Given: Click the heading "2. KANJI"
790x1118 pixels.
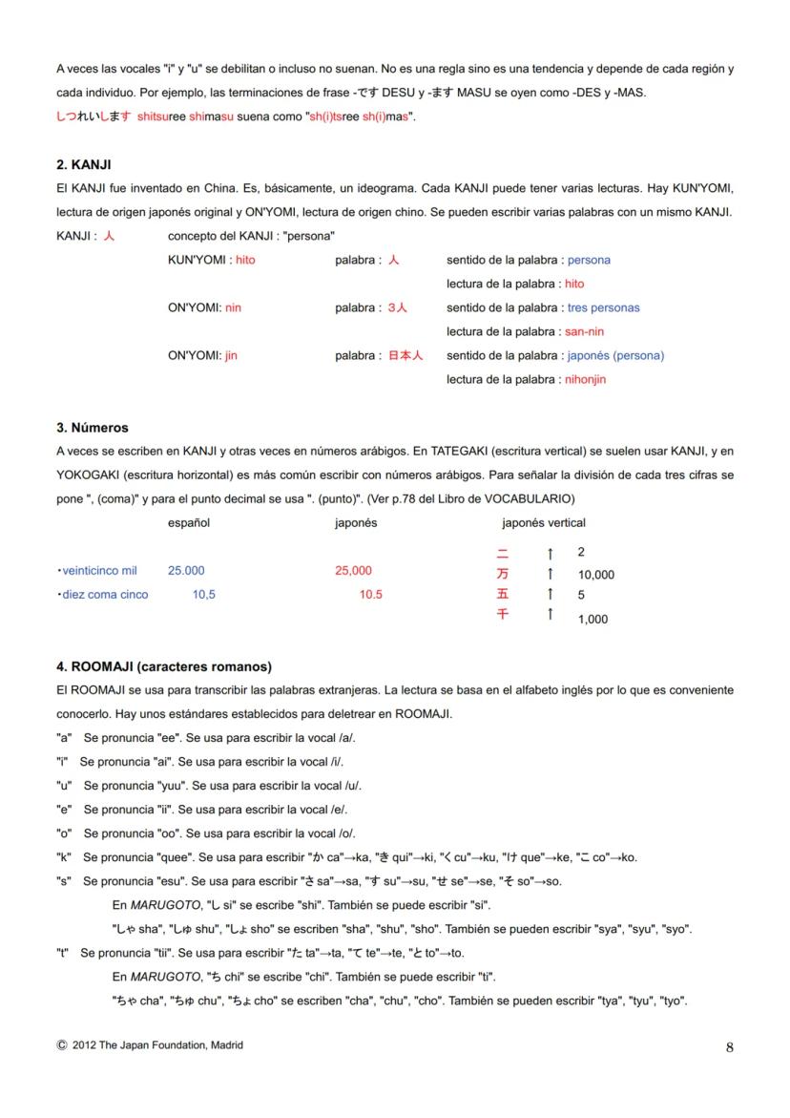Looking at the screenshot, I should tap(84, 165).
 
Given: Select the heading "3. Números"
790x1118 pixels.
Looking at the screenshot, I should tap(93, 428).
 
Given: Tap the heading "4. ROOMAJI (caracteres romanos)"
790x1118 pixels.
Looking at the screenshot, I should tap(163, 665).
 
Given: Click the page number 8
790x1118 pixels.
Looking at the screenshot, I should tap(729, 1047).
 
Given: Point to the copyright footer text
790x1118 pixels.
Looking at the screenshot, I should tap(150, 1045).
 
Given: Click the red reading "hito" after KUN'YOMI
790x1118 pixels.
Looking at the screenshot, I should tap(245, 260).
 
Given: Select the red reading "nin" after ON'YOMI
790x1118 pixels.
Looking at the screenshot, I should tap(233, 307).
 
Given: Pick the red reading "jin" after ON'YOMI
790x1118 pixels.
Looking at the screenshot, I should tap(231, 355).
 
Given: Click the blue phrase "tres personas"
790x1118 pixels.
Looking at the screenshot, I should tap(603, 307).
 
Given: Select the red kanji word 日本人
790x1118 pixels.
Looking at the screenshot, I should tap(405, 355).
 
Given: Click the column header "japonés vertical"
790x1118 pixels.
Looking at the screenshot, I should tap(544, 522).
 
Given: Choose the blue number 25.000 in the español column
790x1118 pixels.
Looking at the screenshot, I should tap(186, 571).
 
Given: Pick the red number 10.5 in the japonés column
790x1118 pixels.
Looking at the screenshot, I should tap(370, 595).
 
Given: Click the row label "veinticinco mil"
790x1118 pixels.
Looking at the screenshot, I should tap(99, 571).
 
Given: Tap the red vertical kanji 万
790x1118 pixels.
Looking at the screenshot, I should tap(503, 574).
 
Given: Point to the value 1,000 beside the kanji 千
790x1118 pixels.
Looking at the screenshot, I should tap(592, 620).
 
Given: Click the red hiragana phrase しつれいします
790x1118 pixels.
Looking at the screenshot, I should tap(94, 116).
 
